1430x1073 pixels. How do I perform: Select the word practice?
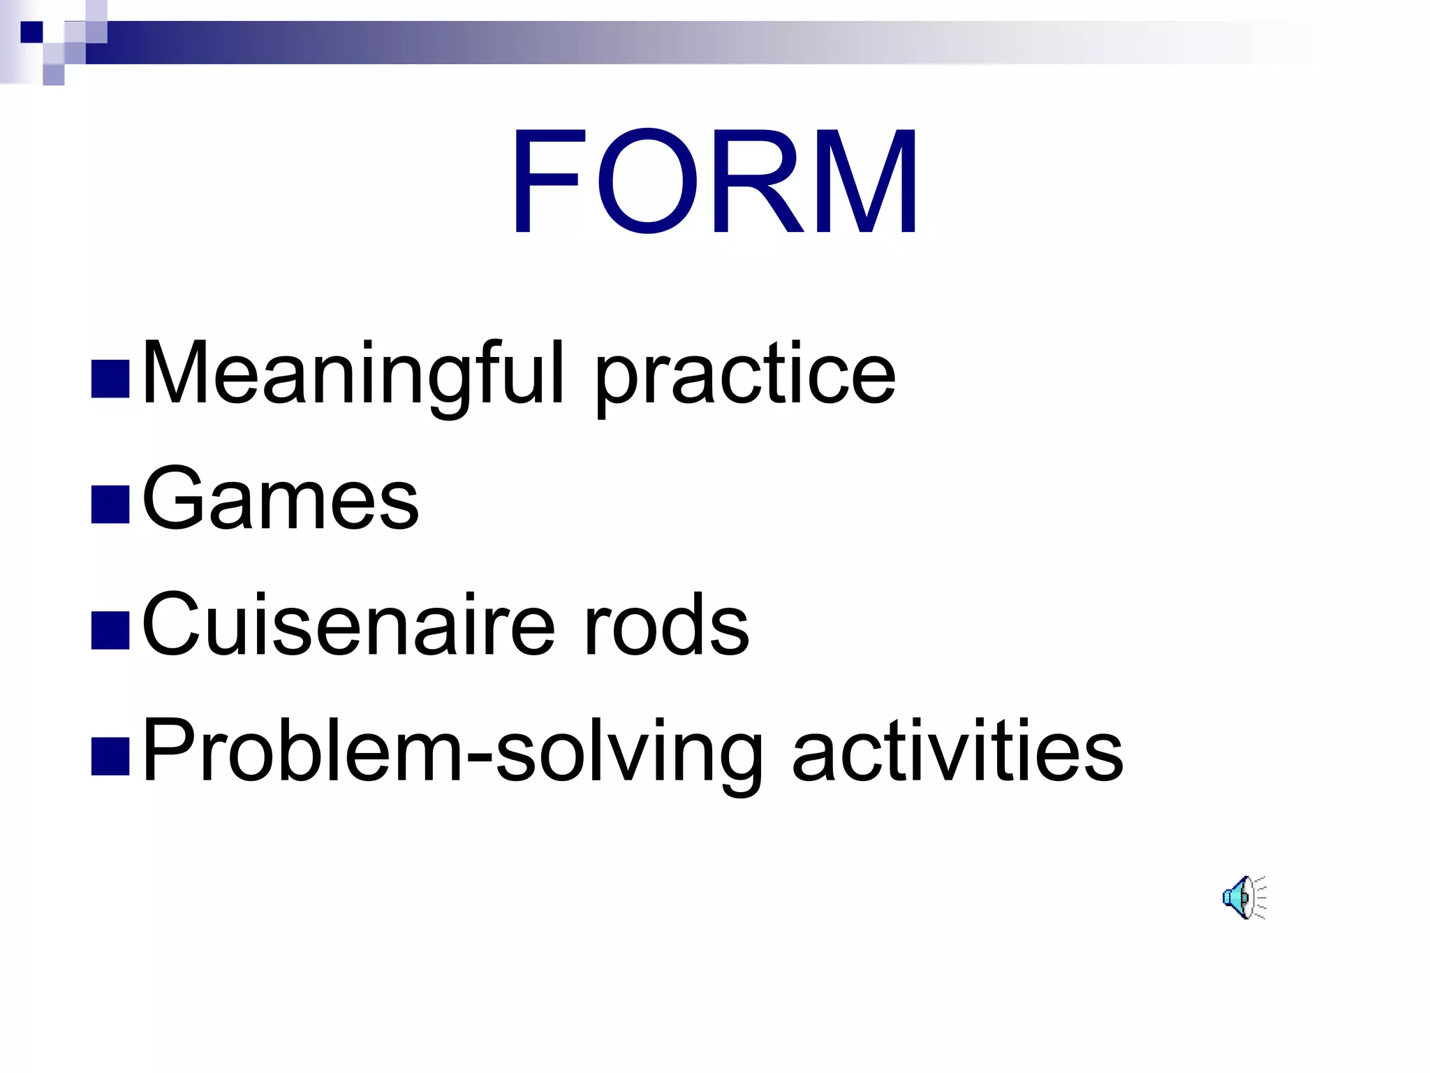click(745, 377)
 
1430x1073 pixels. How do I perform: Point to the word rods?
click(667, 625)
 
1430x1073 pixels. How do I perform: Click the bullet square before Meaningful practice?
click(110, 379)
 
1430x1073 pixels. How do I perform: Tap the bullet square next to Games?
click(110, 504)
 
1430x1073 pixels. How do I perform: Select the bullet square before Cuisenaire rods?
click(110, 630)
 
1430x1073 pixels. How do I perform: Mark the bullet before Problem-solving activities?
click(110, 757)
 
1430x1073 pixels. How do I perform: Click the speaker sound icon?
click(1243, 897)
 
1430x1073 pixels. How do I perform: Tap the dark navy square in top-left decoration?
click(31, 32)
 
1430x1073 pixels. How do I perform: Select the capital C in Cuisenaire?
click(172, 624)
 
